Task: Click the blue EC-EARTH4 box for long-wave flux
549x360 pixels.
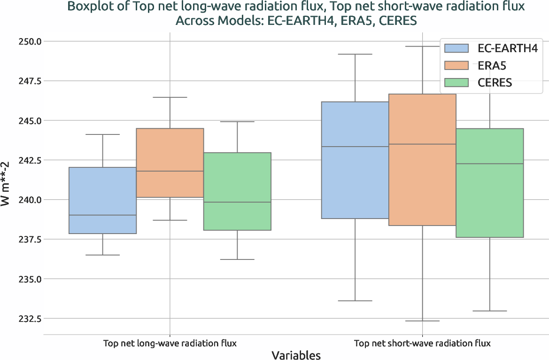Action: click(x=102, y=200)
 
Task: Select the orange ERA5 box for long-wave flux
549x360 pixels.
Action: click(x=170, y=163)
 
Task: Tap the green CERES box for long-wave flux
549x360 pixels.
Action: click(x=237, y=191)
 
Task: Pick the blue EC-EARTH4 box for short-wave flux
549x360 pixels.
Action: click(x=355, y=160)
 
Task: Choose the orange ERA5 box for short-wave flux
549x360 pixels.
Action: click(x=422, y=160)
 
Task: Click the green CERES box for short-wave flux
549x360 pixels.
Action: click(x=489, y=183)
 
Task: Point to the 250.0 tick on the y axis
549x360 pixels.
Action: click(x=29, y=41)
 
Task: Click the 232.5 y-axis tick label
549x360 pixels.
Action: click(x=29, y=319)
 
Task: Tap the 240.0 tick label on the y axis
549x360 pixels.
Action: click(x=29, y=200)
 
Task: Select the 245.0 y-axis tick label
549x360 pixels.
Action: click(x=29, y=121)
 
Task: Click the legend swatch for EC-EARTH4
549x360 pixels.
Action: click(x=456, y=48)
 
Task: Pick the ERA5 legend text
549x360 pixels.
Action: click(x=492, y=65)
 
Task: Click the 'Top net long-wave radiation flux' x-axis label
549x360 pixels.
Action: click(x=170, y=343)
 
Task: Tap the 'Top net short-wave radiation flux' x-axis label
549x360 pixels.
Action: click(x=422, y=343)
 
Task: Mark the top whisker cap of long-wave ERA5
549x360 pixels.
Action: click(x=170, y=97)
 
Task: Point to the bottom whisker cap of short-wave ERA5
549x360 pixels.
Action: click(x=422, y=321)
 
